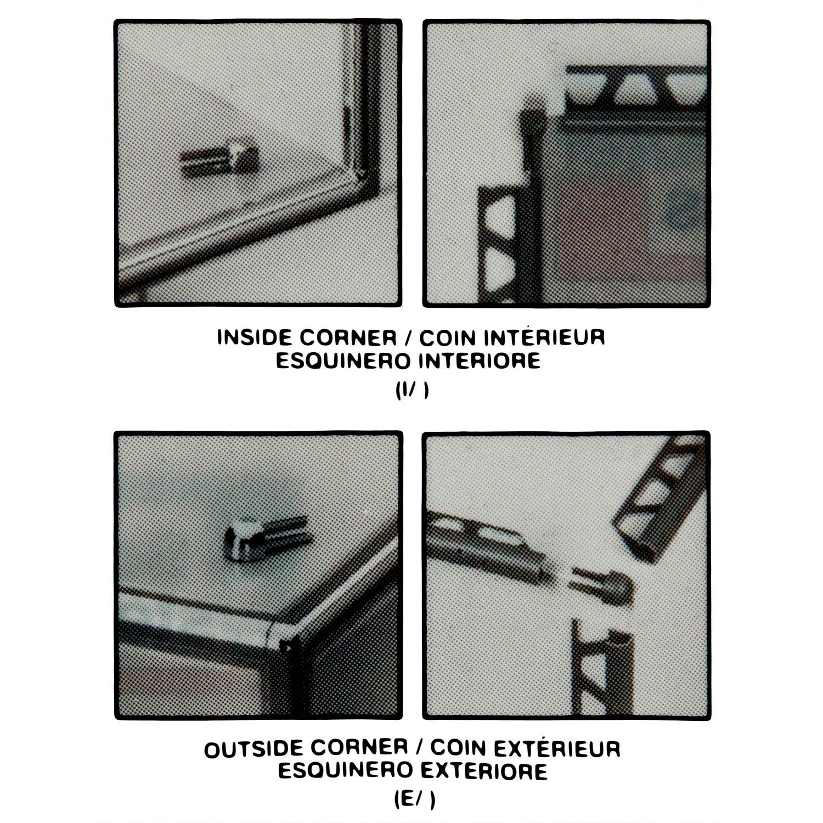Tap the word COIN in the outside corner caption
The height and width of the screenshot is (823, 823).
pos(451,748)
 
